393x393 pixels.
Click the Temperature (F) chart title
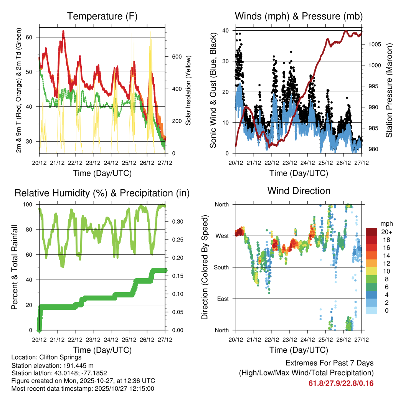click(x=102, y=17)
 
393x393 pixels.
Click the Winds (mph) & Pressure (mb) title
click(x=299, y=17)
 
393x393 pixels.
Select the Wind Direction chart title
click(x=299, y=191)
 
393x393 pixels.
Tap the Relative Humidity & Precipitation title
click(x=102, y=193)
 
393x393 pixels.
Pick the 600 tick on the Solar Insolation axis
click(x=176, y=56)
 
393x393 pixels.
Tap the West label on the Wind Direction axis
click(x=222, y=236)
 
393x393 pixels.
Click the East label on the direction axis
click(x=223, y=299)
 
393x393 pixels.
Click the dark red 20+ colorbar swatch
click(x=372, y=232)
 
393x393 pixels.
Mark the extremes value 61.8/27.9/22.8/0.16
click(x=341, y=383)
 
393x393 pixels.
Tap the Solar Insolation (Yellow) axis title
click(x=188, y=91)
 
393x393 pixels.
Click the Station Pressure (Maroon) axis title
click(x=389, y=91)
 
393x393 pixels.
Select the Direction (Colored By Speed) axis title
click(x=205, y=267)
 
